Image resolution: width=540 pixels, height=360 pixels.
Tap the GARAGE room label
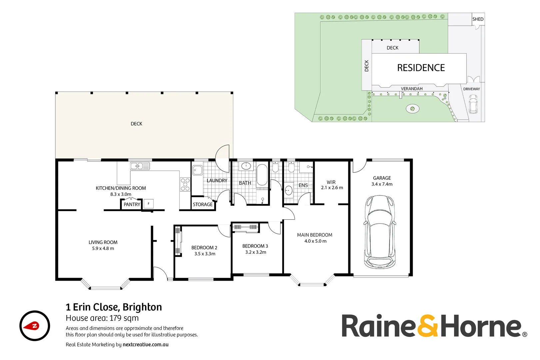(x=382, y=178)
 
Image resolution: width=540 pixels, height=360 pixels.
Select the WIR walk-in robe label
(x=331, y=182)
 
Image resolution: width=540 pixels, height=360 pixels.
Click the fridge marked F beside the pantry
(x=149, y=204)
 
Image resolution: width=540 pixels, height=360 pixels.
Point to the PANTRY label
(x=132, y=204)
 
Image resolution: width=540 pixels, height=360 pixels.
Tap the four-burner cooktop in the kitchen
(x=185, y=184)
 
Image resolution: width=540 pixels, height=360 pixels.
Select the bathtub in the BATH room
(x=262, y=175)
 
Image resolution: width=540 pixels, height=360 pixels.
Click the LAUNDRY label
(x=217, y=181)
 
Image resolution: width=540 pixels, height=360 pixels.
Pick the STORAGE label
(x=203, y=205)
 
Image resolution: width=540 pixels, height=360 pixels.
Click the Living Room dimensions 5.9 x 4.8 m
(x=103, y=248)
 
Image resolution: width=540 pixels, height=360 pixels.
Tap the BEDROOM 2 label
(x=204, y=248)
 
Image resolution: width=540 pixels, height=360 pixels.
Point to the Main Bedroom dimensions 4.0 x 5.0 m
(x=315, y=241)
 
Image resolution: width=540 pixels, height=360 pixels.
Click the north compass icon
(x=35, y=326)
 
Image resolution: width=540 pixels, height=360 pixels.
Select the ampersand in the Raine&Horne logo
(x=428, y=326)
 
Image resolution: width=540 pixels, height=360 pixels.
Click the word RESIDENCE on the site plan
(x=421, y=68)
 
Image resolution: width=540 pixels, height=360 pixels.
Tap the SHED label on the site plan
(x=478, y=19)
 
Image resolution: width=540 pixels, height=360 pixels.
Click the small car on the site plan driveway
(x=473, y=104)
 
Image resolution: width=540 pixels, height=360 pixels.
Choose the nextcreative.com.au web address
(x=145, y=345)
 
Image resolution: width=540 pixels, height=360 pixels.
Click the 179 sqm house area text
(x=124, y=318)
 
